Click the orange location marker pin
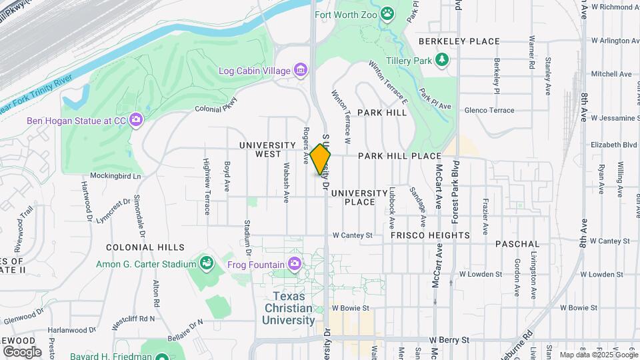point(321,159)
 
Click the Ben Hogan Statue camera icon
point(136,121)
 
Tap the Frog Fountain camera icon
point(294,265)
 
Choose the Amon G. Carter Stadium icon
point(207,265)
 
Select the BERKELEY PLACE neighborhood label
point(459,41)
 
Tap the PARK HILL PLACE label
point(399,156)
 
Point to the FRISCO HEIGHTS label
point(430,235)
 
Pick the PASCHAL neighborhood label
point(517,245)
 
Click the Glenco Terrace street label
point(489,110)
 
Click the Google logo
point(22,351)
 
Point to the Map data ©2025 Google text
point(598,355)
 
